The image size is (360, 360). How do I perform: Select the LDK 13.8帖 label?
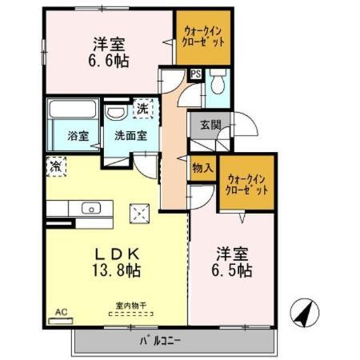(x=117, y=262)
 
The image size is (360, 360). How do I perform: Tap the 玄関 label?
(x=210, y=126)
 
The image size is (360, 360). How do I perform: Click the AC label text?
(x=61, y=311)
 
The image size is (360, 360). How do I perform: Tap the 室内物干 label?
(x=131, y=305)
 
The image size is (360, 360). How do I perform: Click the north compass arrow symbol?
(x=303, y=313)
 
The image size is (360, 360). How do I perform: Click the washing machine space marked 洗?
(x=141, y=107)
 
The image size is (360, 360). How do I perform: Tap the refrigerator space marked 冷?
(x=54, y=168)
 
